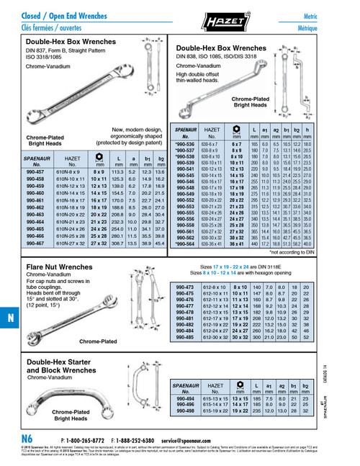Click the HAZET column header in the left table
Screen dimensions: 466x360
72,159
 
